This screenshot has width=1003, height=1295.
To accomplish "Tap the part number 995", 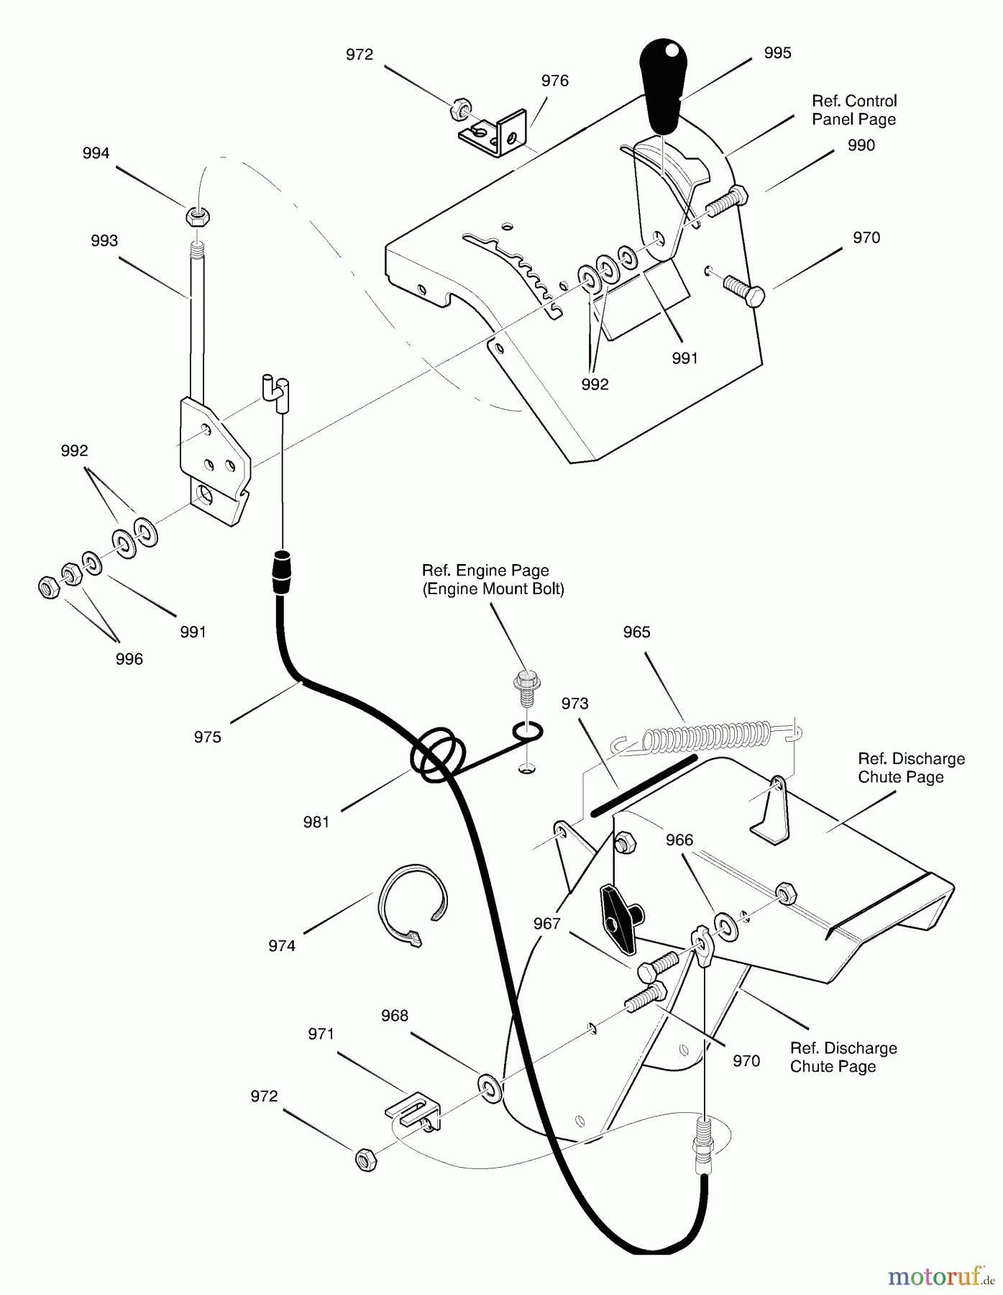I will coord(777,53).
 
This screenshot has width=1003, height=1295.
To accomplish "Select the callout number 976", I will coord(554,81).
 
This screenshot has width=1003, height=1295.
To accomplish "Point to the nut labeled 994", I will coord(196,214).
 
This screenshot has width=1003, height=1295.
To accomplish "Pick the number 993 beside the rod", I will coord(104,241).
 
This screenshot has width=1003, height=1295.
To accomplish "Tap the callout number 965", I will coord(636,632).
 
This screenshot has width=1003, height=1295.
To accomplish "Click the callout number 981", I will coord(316,822).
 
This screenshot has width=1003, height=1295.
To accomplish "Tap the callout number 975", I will coord(208,737).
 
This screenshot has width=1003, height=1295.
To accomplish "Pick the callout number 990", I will coord(861,146).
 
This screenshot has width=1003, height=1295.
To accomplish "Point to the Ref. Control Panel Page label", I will coord(854,110).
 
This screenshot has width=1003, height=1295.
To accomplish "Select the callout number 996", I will coord(129,659).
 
